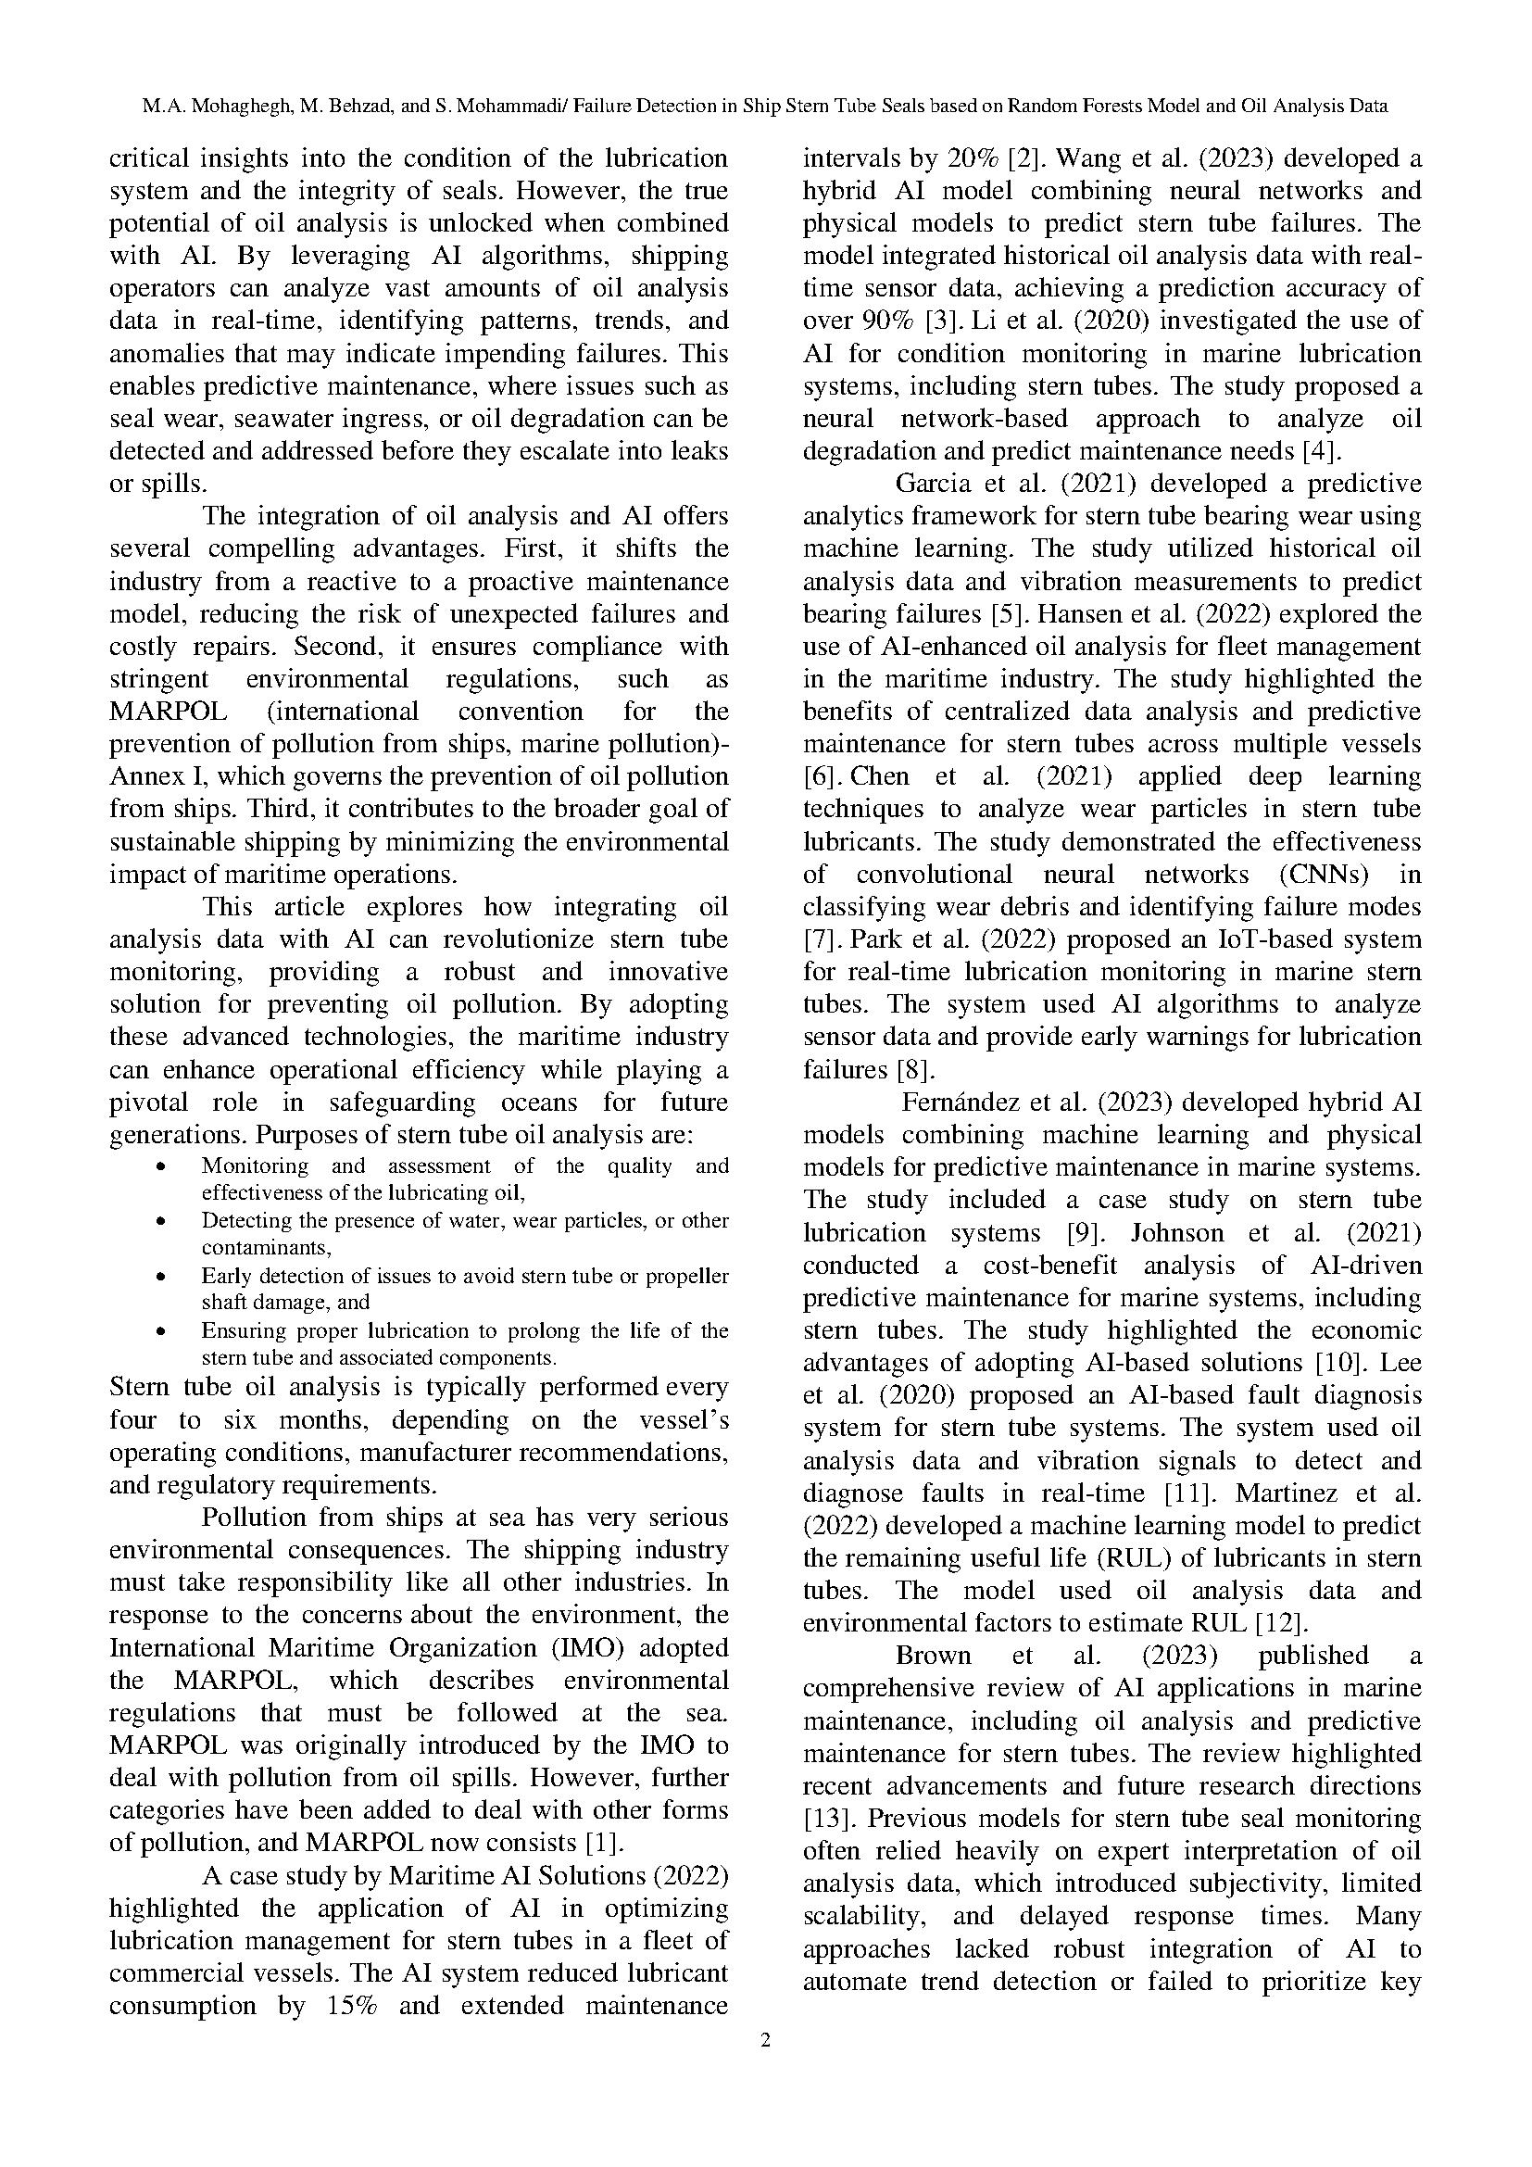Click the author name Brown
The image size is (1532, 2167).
point(933,1655)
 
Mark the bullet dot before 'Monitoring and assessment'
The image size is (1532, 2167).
point(162,1166)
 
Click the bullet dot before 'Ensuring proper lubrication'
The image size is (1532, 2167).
point(162,1331)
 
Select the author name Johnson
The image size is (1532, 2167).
point(1184,1231)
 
